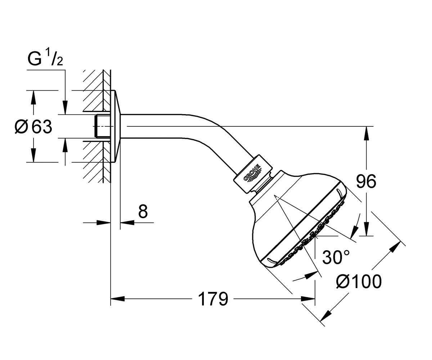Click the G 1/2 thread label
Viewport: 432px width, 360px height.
tap(45, 59)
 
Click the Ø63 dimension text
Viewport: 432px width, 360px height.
tap(33, 127)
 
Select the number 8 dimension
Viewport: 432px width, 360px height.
tap(143, 212)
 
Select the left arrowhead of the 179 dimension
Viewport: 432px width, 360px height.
tap(117, 298)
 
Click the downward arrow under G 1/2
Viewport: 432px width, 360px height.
tap(65, 108)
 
